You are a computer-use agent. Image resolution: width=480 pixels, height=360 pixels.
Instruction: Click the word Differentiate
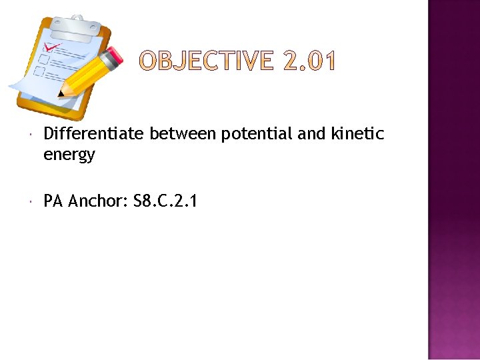click(93, 134)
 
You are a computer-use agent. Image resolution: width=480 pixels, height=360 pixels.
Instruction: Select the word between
click(183, 134)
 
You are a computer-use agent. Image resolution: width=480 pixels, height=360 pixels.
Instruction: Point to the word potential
click(257, 135)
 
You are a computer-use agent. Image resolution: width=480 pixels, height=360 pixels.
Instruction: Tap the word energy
click(69, 155)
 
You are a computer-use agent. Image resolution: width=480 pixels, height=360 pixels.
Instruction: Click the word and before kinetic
click(311, 134)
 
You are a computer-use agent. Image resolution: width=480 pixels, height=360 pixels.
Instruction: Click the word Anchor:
click(98, 201)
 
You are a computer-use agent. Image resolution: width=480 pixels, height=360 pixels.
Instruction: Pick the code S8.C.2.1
click(165, 201)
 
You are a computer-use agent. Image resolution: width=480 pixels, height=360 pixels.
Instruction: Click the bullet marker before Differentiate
click(32, 135)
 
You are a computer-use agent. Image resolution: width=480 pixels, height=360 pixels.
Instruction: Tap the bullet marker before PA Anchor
click(32, 201)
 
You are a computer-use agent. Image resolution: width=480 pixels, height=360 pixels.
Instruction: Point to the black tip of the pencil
click(61, 94)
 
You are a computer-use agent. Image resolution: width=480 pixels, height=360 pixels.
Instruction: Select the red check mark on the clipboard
click(51, 48)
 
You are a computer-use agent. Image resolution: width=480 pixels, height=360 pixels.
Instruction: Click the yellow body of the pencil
click(87, 75)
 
